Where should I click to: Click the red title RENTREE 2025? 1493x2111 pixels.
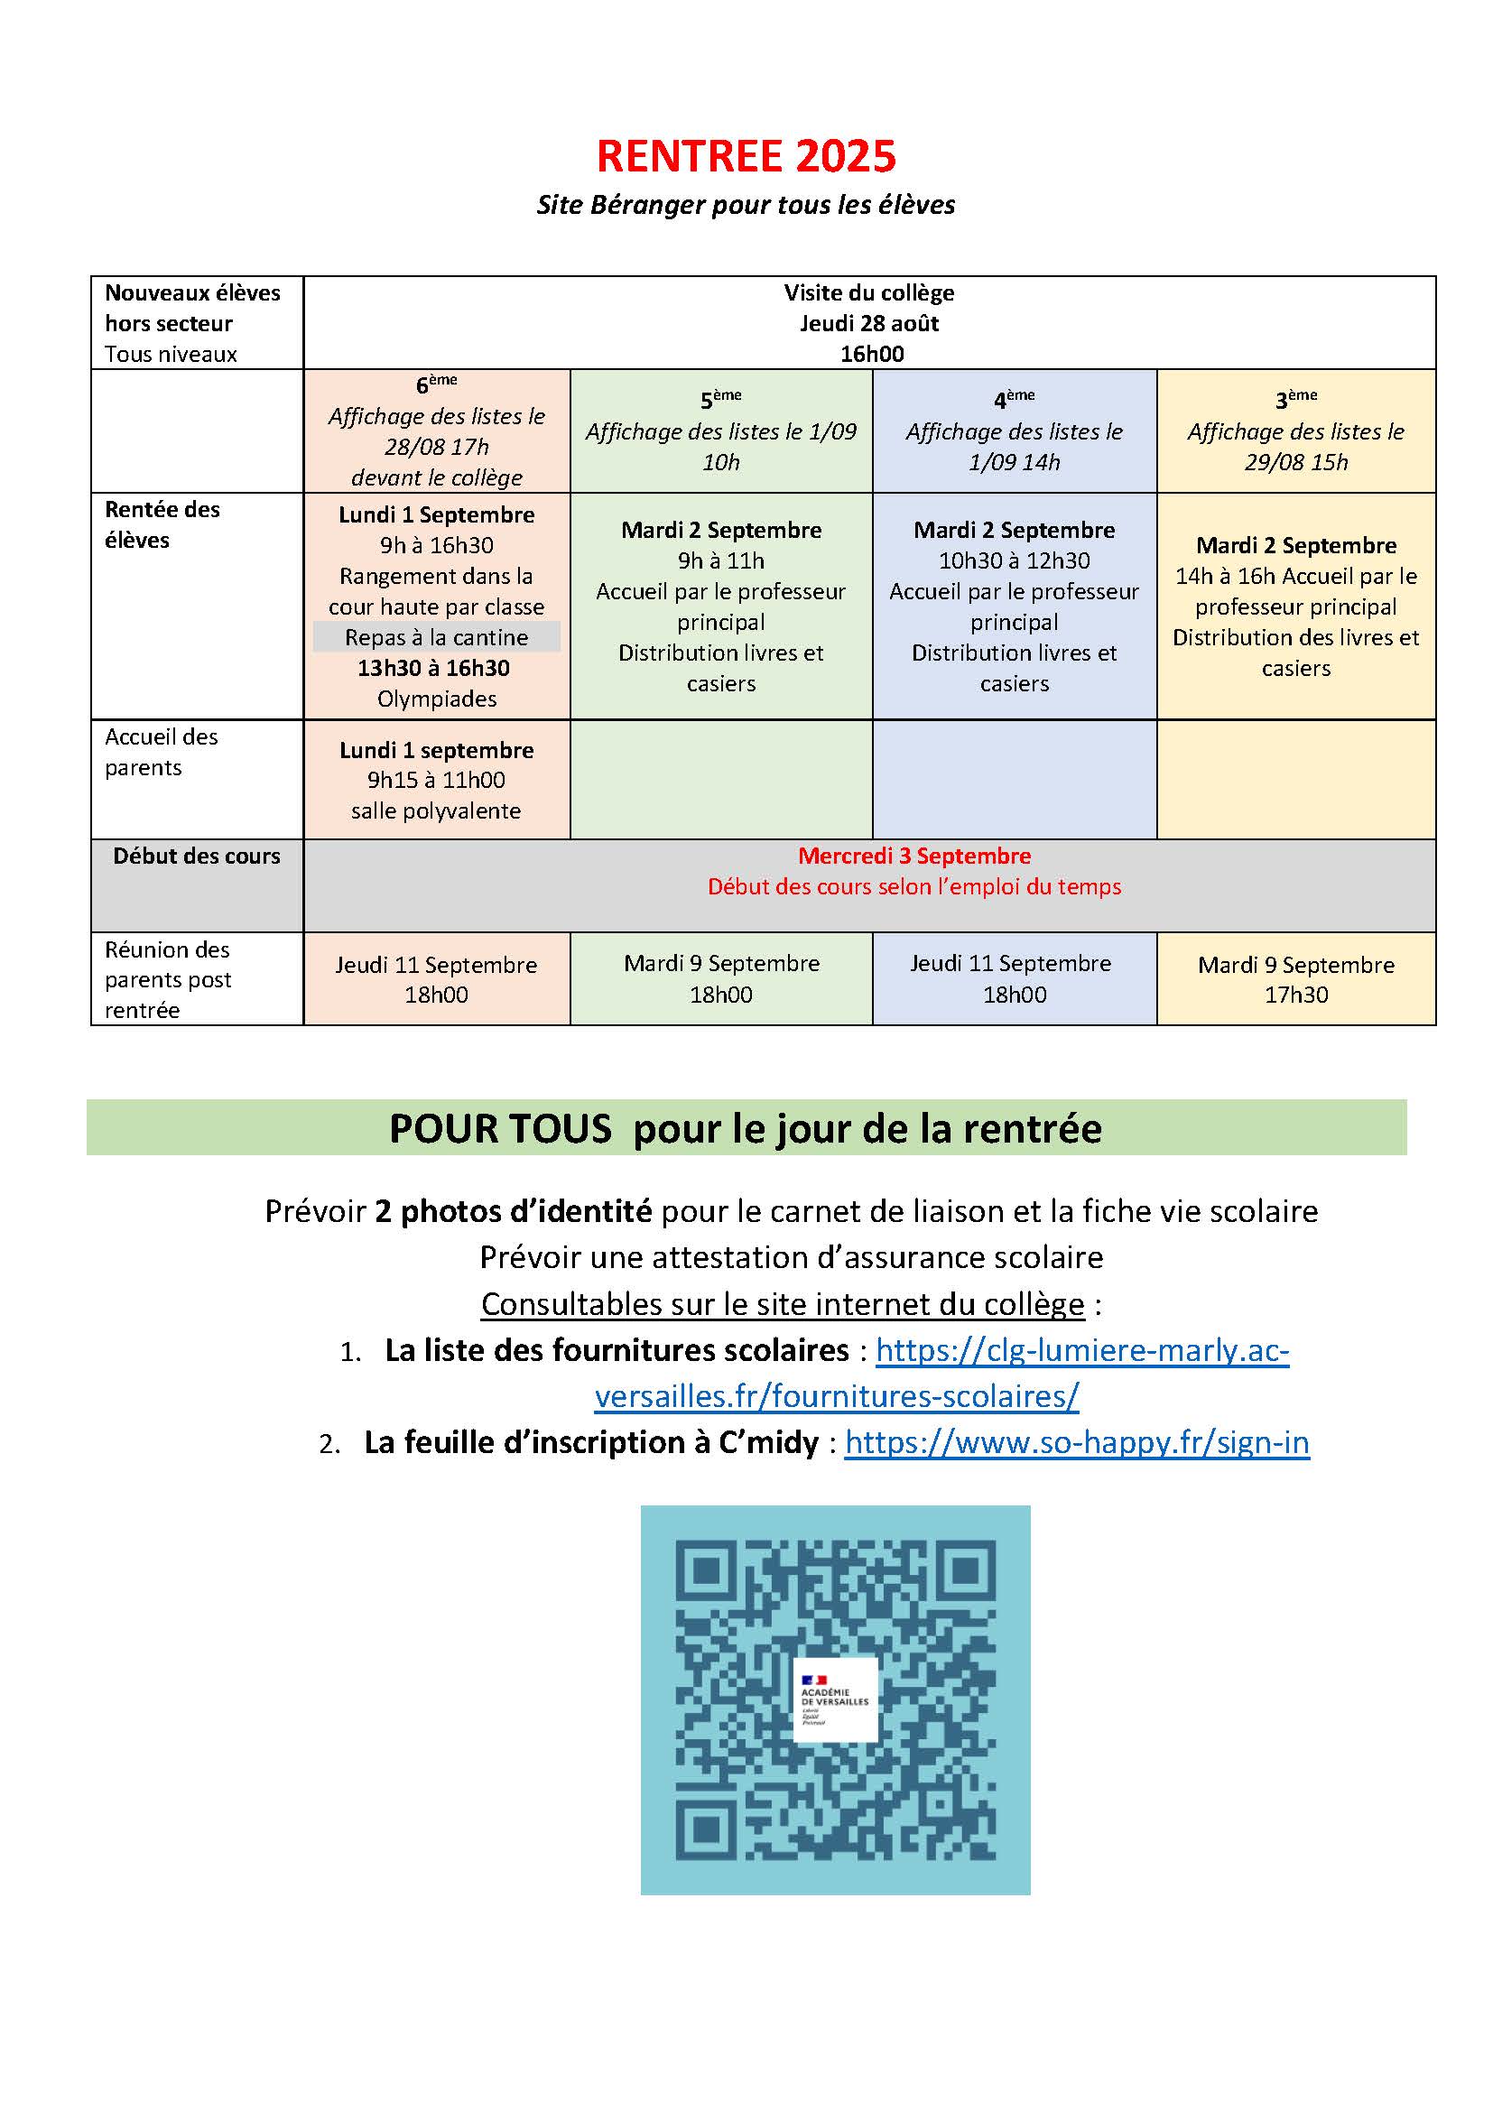click(746, 157)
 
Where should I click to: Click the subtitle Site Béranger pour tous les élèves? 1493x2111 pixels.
click(746, 205)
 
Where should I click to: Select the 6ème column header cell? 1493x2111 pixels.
click(437, 431)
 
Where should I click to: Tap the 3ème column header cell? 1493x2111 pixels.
click(1295, 431)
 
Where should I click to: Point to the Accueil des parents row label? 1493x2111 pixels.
click(162, 752)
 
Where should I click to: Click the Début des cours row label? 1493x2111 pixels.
click(197, 856)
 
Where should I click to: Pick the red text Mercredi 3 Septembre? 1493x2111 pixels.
click(913, 856)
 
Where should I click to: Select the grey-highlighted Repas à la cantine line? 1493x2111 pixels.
click(437, 637)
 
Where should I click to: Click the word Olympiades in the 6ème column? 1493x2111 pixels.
click(437, 699)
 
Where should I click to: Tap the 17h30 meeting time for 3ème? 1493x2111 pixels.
click(1295, 995)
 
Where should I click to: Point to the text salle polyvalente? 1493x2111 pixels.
click(436, 811)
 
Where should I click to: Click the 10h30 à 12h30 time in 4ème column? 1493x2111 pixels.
click(1014, 560)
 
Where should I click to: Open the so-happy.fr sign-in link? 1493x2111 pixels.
click(1077, 1442)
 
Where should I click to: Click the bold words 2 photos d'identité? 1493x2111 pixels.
click(513, 1212)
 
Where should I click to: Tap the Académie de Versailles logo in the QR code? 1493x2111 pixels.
click(835, 1700)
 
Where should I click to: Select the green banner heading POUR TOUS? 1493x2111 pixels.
click(746, 1128)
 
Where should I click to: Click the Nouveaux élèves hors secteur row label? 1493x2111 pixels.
click(192, 308)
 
